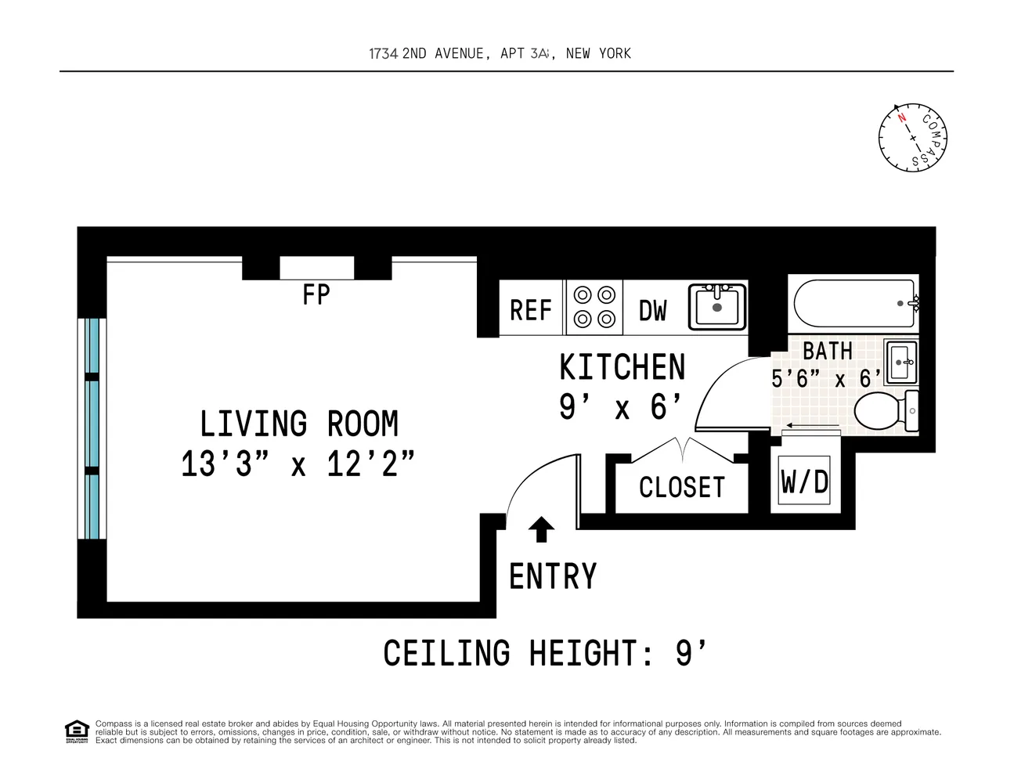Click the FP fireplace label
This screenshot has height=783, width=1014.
pyautogui.click(x=316, y=294)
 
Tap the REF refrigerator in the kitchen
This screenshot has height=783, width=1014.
pyautogui.click(x=531, y=308)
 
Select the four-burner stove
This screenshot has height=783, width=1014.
pyautogui.click(x=594, y=308)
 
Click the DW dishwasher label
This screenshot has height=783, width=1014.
pyautogui.click(x=653, y=311)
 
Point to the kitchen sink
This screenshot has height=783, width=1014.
pyautogui.click(x=718, y=307)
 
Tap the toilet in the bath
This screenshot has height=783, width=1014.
pyautogui.click(x=886, y=410)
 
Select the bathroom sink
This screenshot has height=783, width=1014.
pyautogui.click(x=901, y=362)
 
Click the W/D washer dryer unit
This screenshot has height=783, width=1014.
pyautogui.click(x=804, y=481)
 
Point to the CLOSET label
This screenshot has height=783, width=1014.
pyautogui.click(x=682, y=488)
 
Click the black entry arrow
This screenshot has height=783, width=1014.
pyautogui.click(x=541, y=529)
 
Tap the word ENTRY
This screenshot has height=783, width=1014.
pyautogui.click(x=553, y=576)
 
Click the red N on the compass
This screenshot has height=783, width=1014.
pyautogui.click(x=902, y=117)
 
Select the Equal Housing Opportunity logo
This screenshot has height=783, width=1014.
pyautogui.click(x=77, y=731)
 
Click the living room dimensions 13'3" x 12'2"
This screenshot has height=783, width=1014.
pyautogui.click(x=298, y=464)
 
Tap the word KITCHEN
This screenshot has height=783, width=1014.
pyautogui.click(x=622, y=367)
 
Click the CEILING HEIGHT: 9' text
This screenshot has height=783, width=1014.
pyautogui.click(x=545, y=653)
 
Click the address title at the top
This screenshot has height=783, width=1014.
pyautogui.click(x=500, y=54)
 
